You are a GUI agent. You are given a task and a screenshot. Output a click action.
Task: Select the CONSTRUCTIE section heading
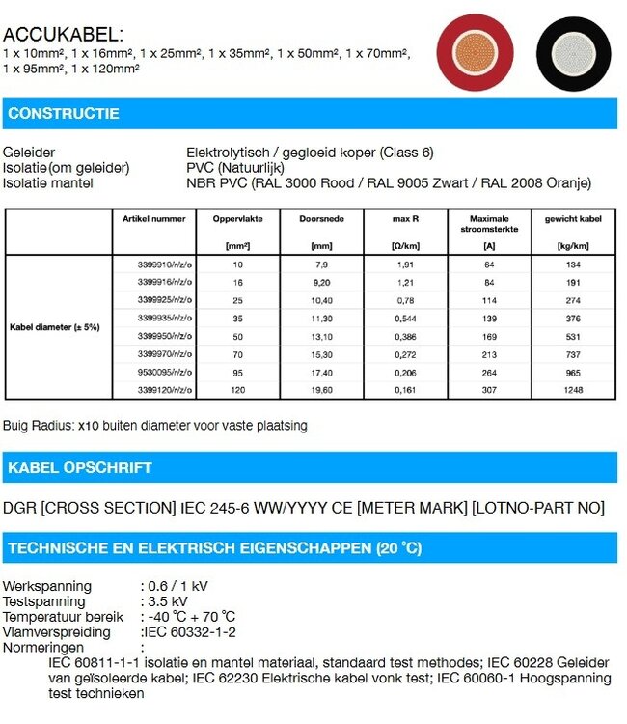[64, 114]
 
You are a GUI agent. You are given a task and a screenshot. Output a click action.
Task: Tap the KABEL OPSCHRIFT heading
[80, 468]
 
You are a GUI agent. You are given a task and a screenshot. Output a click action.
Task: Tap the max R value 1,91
[405, 265]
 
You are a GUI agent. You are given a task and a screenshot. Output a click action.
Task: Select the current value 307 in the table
[489, 390]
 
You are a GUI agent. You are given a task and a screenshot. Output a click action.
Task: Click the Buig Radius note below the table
[155, 425]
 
